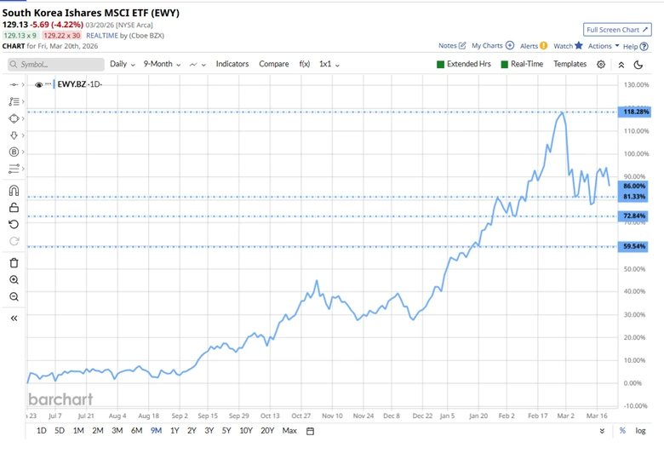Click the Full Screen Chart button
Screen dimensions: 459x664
pyautogui.click(x=617, y=30)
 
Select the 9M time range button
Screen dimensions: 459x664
pyautogui.click(x=156, y=431)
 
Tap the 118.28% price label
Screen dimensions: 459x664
pyautogui.click(x=635, y=112)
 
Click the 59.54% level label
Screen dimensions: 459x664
pyautogui.click(x=634, y=247)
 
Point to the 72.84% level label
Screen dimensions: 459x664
pyautogui.click(x=634, y=216)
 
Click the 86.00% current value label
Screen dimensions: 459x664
pyautogui.click(x=634, y=186)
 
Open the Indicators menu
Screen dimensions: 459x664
pyautogui.click(x=232, y=64)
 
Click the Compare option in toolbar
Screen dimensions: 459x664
pyautogui.click(x=273, y=64)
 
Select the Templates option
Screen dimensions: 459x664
pyautogui.click(x=570, y=64)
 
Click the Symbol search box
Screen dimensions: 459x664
pyautogui.click(x=56, y=65)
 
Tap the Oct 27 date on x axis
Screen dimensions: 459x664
pyautogui.click(x=301, y=416)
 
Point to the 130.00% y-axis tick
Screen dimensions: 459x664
pyautogui.click(x=637, y=85)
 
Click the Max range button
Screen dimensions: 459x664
pyautogui.click(x=289, y=431)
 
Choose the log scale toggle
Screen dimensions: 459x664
pyautogui.click(x=640, y=431)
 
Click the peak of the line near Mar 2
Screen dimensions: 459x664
pyautogui.click(x=562, y=112)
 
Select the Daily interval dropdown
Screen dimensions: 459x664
pyautogui.click(x=122, y=64)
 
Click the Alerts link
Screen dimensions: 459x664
pyautogui.click(x=533, y=46)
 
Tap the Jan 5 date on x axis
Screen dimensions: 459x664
pyautogui.click(x=447, y=416)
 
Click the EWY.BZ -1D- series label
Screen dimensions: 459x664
pyautogui.click(x=78, y=84)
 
